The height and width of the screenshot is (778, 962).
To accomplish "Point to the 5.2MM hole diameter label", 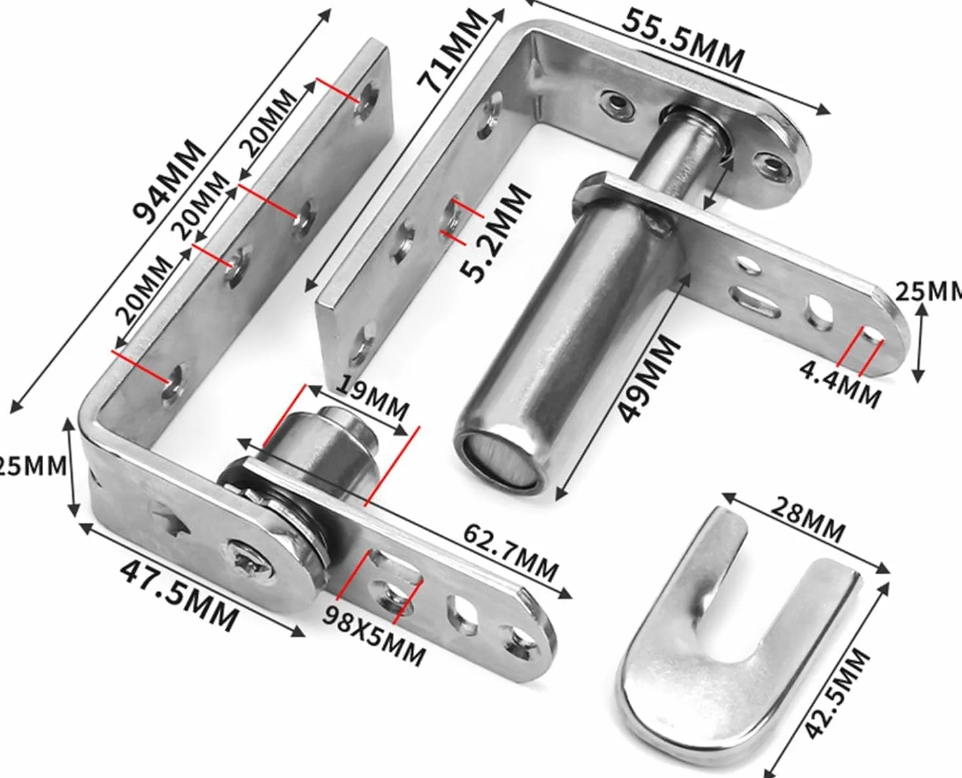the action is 495,232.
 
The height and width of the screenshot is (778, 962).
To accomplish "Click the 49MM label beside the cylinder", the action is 648,379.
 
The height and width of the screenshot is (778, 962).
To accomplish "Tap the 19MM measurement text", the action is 373,398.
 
